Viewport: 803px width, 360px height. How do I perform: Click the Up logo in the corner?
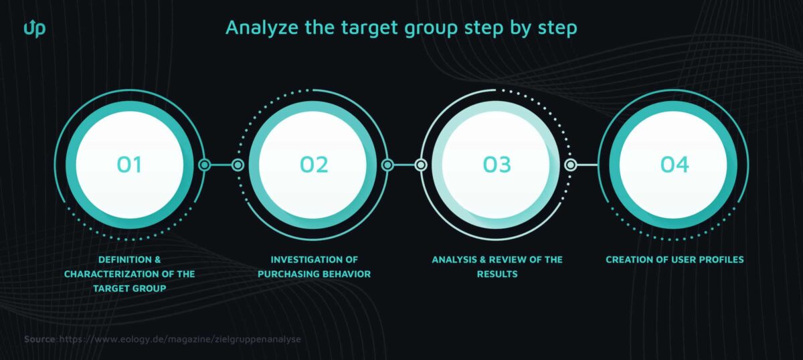pos(34,28)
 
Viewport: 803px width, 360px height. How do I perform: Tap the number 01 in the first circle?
pos(129,165)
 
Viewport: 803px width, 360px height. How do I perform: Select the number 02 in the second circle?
pos(313,165)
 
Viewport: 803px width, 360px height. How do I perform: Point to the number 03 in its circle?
pos(497,165)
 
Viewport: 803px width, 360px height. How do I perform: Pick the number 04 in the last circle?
pos(675,165)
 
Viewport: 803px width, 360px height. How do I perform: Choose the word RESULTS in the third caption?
pos(497,274)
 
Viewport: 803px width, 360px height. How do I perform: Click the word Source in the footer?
pos(40,339)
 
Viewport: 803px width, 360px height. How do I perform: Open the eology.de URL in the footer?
pos(180,339)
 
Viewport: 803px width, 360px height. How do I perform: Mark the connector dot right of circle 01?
pos(205,165)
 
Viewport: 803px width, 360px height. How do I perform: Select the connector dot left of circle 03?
pos(421,165)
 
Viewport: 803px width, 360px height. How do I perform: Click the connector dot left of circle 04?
pos(570,165)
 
